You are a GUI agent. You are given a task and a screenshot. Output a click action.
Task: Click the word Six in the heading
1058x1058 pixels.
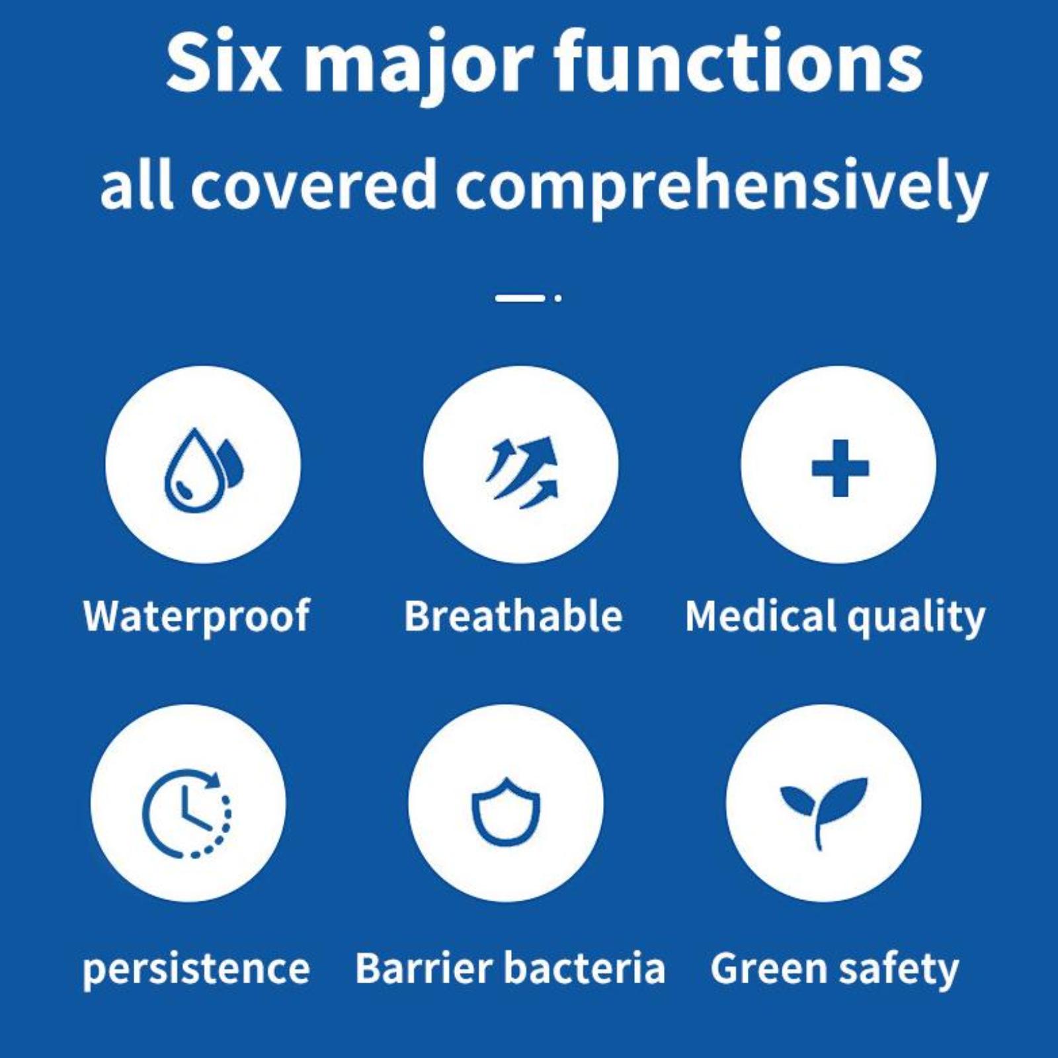(224, 62)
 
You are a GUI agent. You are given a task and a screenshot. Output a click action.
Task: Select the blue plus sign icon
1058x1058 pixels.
(840, 468)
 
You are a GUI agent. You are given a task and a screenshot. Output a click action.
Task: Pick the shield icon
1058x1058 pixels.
(506, 811)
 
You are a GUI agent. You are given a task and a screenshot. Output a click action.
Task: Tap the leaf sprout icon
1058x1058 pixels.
(823, 811)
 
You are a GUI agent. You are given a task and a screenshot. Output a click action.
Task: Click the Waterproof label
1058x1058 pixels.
(196, 616)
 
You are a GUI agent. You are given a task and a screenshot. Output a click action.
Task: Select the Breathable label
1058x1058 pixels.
(513, 616)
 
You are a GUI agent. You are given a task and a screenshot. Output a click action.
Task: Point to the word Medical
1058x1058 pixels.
(761, 616)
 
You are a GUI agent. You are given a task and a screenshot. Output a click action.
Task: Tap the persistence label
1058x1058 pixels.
(196, 970)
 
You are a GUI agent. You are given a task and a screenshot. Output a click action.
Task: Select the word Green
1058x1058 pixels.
(768, 969)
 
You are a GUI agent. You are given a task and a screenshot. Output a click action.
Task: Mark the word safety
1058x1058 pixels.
(899, 970)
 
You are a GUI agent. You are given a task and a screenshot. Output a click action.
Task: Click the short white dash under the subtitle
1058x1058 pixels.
(520, 298)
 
